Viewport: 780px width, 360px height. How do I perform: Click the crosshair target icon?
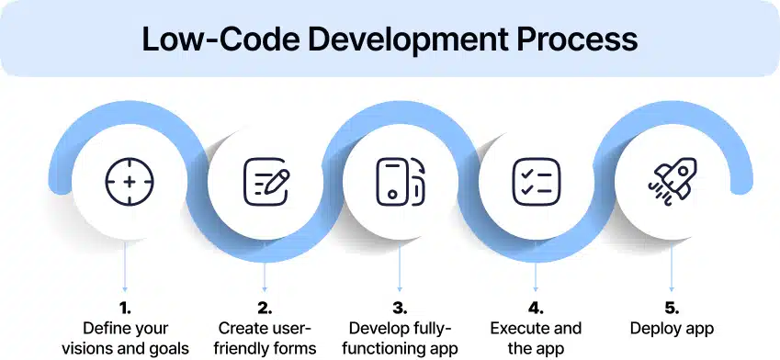point(129,182)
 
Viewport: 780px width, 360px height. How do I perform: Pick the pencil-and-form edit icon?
point(266,182)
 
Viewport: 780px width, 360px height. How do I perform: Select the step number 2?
point(266,309)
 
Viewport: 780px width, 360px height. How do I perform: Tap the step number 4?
point(536,309)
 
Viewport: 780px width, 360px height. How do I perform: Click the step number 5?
point(671,309)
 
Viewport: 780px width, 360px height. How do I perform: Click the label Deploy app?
point(671,328)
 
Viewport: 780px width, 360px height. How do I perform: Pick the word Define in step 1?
point(104,328)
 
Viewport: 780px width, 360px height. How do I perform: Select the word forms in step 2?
point(295,348)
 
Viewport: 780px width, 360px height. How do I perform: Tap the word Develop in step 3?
point(376,328)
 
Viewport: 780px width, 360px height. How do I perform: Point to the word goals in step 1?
point(168,348)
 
